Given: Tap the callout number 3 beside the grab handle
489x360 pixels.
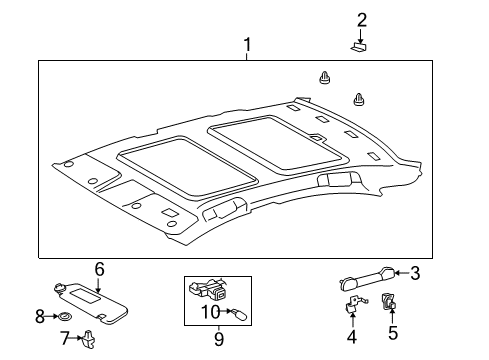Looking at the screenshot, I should pyautogui.click(x=415, y=272).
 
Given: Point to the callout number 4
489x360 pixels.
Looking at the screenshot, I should pyautogui.click(x=352, y=336).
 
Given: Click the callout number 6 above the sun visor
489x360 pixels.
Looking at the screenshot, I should pyautogui.click(x=99, y=268).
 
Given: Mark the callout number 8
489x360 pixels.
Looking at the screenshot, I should pyautogui.click(x=41, y=317).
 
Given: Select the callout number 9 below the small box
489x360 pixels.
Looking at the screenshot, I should pyautogui.click(x=219, y=338).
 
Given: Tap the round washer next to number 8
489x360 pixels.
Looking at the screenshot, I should pyautogui.click(x=65, y=317).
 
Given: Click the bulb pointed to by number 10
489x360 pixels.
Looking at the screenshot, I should pyautogui.click(x=237, y=312).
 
